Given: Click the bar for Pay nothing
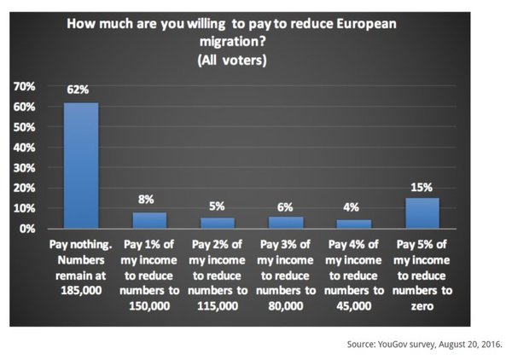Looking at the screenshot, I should [x=80, y=165].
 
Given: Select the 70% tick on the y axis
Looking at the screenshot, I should [x=23, y=86].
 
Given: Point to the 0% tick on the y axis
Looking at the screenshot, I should [x=26, y=229].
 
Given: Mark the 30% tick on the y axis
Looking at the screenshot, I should [x=23, y=168].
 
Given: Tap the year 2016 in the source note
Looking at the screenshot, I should [x=487, y=344].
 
